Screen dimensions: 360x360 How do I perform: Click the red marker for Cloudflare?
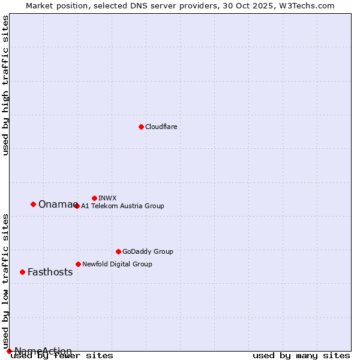(x=141, y=127)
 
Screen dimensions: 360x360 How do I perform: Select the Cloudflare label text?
(x=161, y=127)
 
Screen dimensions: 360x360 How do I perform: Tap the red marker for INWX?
(x=94, y=198)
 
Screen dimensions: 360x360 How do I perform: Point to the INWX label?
(x=107, y=198)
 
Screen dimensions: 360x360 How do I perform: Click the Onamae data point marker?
(x=33, y=204)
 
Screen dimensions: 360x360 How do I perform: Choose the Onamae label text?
(x=57, y=204)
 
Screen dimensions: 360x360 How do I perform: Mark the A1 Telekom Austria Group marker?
(x=77, y=206)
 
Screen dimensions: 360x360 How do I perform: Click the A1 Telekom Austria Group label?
(x=122, y=206)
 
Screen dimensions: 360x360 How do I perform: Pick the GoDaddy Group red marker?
(x=118, y=251)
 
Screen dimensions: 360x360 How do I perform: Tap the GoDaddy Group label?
(x=148, y=251)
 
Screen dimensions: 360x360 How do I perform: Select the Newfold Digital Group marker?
(x=78, y=264)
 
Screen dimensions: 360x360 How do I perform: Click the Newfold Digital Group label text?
(x=117, y=264)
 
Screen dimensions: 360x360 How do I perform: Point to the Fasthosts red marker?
(x=22, y=272)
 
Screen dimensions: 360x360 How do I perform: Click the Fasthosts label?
(x=50, y=272)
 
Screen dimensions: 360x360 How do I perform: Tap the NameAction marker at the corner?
(x=9, y=351)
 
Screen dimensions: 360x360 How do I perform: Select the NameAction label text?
(x=43, y=351)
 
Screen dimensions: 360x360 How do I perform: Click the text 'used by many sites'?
(x=301, y=356)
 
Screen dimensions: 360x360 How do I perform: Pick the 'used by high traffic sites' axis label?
(x=5, y=85)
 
